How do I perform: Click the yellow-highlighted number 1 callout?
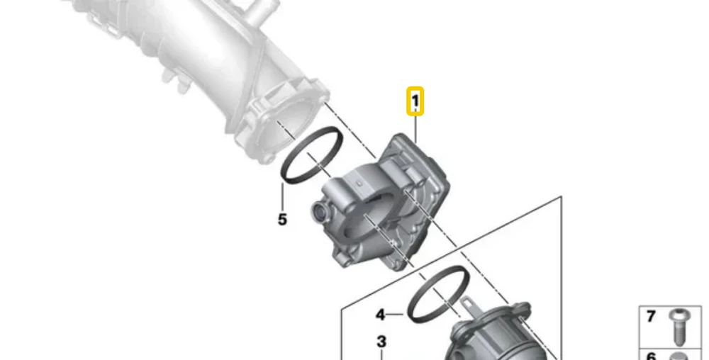point(415,101)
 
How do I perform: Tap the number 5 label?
point(282,220)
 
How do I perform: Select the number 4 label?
point(381,315)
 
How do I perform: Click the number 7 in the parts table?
point(651,317)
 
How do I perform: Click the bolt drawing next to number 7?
point(677,327)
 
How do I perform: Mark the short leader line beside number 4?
point(395,314)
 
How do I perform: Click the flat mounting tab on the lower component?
point(469,307)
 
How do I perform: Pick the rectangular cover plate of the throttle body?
point(418,171)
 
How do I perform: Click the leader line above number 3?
point(381,354)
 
